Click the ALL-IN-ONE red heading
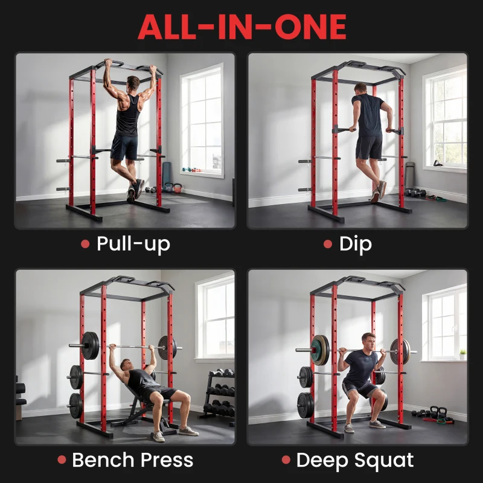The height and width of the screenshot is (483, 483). click(241, 27)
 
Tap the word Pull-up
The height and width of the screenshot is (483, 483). click(133, 244)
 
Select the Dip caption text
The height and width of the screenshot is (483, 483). click(356, 244)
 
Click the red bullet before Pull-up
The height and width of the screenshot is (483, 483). click(85, 245)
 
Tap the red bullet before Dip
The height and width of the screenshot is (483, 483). click(328, 245)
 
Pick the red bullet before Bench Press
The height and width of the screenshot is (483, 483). click(62, 460)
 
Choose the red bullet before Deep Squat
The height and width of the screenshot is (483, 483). click(285, 460)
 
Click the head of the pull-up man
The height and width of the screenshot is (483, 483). click(133, 82)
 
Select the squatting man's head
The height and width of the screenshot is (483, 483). click(368, 340)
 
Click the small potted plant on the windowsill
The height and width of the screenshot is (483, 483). click(462, 354)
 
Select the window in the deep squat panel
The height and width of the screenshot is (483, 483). click(446, 323)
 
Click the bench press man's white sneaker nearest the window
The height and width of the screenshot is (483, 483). click(189, 430)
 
